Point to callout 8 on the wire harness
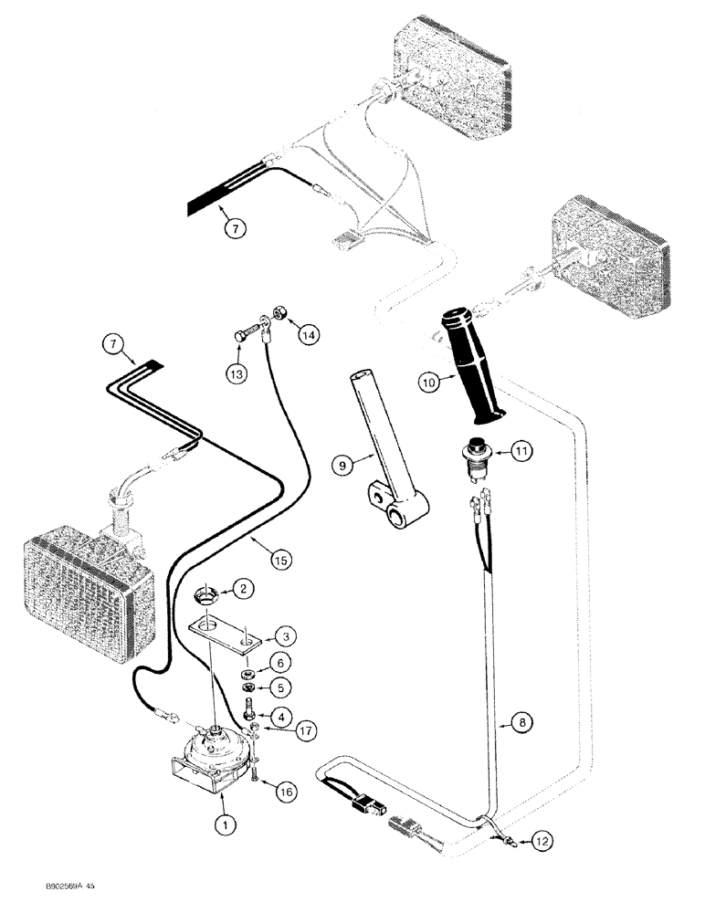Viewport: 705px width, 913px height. pyautogui.click(x=521, y=721)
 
